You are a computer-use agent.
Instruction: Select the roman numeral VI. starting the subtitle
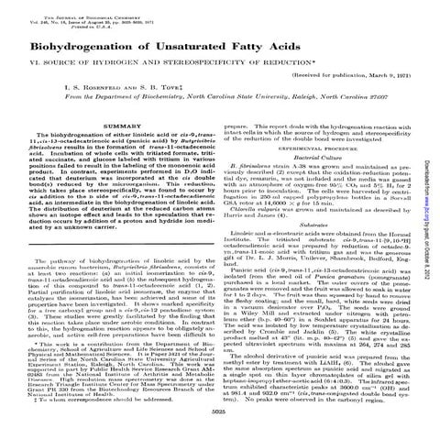[29, 71]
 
